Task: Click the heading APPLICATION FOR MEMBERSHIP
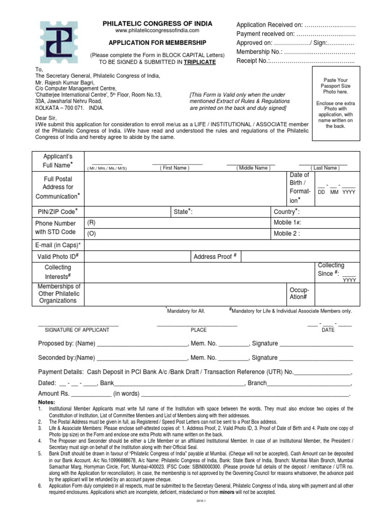coord(157,43)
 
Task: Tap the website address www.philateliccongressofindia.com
coord(157,32)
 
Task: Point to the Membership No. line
coord(296,52)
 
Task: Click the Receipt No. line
coord(296,61)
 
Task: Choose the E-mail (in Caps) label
coord(58,245)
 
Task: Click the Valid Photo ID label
coord(58,256)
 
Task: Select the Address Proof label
coord(215,256)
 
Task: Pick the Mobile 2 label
coord(287,234)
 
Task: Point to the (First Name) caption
coord(175,168)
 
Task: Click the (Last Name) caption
coord(324,168)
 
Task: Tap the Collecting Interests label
coord(58,272)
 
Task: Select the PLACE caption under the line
coord(199,330)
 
